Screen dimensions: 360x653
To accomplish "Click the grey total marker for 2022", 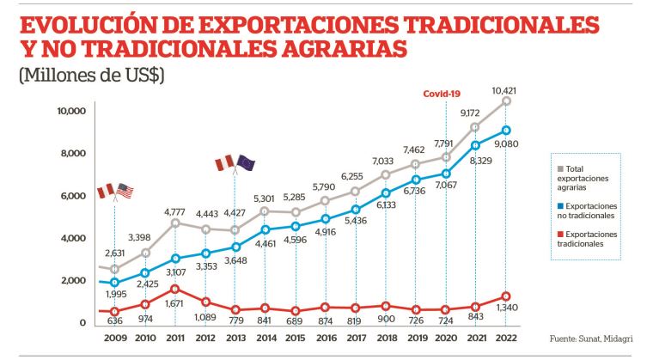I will pyautogui.click(x=506, y=101).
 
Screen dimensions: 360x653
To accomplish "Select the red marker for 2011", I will pyautogui.click(x=175, y=289).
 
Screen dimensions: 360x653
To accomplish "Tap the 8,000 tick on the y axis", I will pyautogui.click(x=71, y=153).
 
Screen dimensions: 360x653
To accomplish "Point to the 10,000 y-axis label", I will pyautogui.click(x=70, y=111).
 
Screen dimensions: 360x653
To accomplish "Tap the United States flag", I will pyautogui.click(x=125, y=191).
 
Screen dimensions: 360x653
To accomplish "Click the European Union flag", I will pyautogui.click(x=245, y=162).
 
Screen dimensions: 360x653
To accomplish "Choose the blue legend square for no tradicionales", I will pyautogui.click(x=560, y=206).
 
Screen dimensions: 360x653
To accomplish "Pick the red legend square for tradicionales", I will pyautogui.click(x=560, y=235).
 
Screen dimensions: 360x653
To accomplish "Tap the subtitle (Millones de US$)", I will pyautogui.click(x=91, y=76).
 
